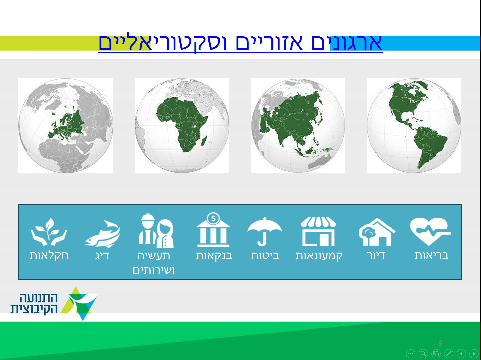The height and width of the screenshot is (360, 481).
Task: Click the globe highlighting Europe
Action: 66,126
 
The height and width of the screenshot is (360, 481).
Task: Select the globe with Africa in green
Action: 182,126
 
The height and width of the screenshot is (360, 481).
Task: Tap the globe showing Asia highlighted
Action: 298,126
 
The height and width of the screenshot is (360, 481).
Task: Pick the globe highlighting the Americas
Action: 414,126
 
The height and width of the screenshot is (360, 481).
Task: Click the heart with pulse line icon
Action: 430,231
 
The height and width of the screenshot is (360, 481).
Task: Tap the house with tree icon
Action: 377,232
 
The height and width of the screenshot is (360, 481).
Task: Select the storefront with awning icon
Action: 318,232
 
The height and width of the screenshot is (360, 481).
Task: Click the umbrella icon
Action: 265,232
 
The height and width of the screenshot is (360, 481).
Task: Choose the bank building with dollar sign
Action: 213,230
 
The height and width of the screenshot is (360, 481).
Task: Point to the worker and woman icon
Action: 156,231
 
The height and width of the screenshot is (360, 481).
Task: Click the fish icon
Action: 102,234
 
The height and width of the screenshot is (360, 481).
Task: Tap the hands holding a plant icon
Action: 49,232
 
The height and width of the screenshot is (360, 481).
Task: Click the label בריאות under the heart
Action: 432,256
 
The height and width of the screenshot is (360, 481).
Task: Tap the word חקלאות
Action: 49,256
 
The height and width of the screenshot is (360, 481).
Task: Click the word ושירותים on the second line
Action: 154,270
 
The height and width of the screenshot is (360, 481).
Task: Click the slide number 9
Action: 440,343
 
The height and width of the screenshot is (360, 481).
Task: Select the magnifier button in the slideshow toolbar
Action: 423,354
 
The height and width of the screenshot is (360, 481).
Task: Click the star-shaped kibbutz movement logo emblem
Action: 79,304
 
